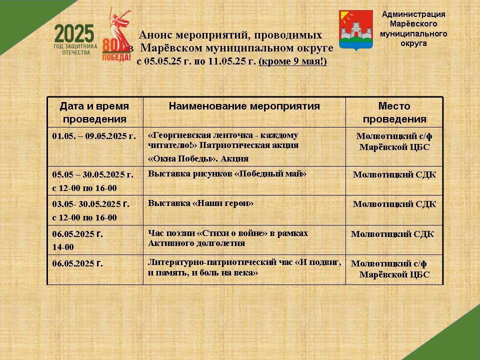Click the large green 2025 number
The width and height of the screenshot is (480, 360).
click(x=74, y=33)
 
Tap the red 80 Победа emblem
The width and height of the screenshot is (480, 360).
click(x=116, y=34)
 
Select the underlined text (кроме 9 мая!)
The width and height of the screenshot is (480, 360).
click(x=292, y=61)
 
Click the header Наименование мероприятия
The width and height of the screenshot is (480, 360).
click(x=244, y=106)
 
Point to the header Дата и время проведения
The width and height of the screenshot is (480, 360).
click(x=94, y=112)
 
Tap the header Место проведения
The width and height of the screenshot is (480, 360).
click(x=394, y=112)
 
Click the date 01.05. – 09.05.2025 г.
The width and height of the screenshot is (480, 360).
click(x=94, y=136)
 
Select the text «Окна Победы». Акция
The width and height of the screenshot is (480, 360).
click(x=198, y=158)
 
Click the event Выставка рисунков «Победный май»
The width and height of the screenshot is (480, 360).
click(x=227, y=174)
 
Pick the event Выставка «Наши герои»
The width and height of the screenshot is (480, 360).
click(x=200, y=203)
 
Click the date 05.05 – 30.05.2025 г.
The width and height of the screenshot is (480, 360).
click(x=93, y=174)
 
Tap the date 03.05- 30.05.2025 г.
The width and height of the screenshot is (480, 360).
click(x=90, y=204)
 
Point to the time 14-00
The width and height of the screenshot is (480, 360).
click(x=63, y=247)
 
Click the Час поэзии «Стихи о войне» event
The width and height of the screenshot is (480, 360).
click(x=228, y=238)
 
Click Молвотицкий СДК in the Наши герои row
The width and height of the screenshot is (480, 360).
click(x=394, y=204)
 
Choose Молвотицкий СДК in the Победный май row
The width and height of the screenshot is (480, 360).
click(x=394, y=175)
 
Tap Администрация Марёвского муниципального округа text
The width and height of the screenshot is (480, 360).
click(x=413, y=29)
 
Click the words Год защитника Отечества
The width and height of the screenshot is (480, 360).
click(x=75, y=49)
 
